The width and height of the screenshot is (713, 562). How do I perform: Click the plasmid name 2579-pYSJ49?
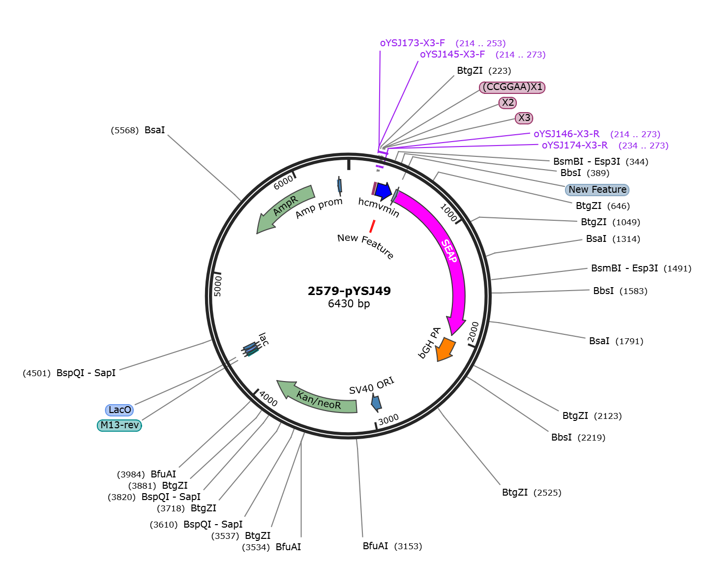(x=349, y=291)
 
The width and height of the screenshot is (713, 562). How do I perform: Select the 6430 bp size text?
(x=349, y=303)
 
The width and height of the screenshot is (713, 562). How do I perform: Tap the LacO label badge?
(x=119, y=410)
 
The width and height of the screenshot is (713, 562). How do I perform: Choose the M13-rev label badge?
(x=119, y=425)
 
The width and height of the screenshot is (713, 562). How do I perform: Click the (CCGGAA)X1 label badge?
(x=512, y=87)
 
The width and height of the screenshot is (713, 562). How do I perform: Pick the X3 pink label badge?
(x=524, y=118)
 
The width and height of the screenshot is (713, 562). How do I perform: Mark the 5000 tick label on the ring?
(x=217, y=285)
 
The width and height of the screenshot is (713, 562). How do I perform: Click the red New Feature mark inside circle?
(x=372, y=226)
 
